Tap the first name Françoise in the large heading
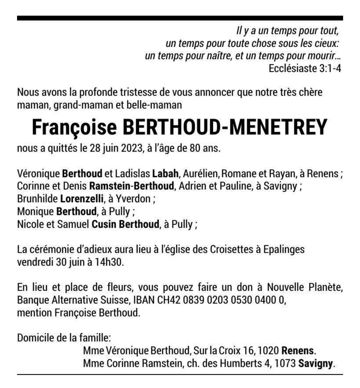[x=74, y=128]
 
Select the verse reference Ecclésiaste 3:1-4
[x=305, y=68]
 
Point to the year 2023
[x=131, y=148]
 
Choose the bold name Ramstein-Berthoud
[x=132, y=186]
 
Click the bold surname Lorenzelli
[x=82, y=199]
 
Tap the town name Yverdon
[x=133, y=199]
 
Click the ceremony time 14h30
[x=108, y=262]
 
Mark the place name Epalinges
[x=284, y=250]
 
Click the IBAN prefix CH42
[x=169, y=300]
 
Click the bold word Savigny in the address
[x=315, y=364]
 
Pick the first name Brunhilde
[x=37, y=199]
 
